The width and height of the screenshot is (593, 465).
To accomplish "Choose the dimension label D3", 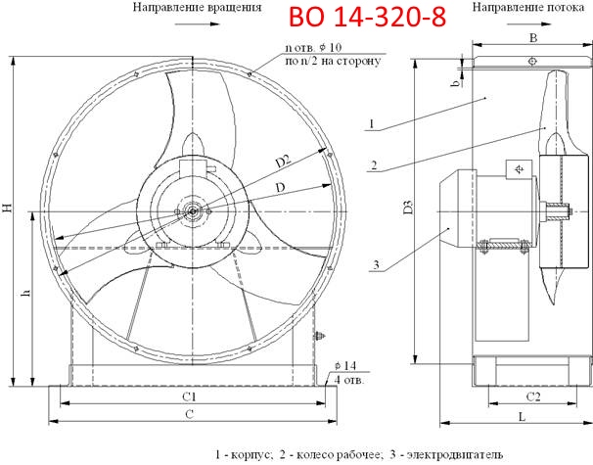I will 408,209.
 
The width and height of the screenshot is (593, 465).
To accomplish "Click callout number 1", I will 373,123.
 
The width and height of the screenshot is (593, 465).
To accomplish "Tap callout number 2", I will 373,163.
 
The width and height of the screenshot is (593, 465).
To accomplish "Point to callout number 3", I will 373,264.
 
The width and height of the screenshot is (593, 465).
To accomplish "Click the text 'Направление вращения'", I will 196,7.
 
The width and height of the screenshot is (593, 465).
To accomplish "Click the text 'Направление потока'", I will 528,7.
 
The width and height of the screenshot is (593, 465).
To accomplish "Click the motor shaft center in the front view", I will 193,209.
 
